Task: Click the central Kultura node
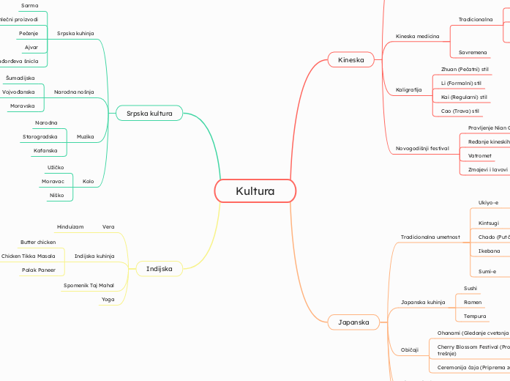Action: click(255, 191)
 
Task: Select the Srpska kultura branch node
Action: click(149, 114)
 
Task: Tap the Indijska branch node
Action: click(159, 269)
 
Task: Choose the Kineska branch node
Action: click(351, 59)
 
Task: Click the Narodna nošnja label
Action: click(74, 92)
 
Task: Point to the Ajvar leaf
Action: click(31, 47)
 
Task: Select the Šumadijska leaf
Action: click(20, 78)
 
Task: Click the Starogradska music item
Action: click(40, 136)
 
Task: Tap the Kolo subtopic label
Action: click(89, 180)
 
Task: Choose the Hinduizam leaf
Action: click(71, 226)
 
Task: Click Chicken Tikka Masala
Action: click(29, 256)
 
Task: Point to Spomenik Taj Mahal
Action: click(89, 284)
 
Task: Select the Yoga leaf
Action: click(108, 299)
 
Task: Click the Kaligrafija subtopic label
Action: click(409, 89)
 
